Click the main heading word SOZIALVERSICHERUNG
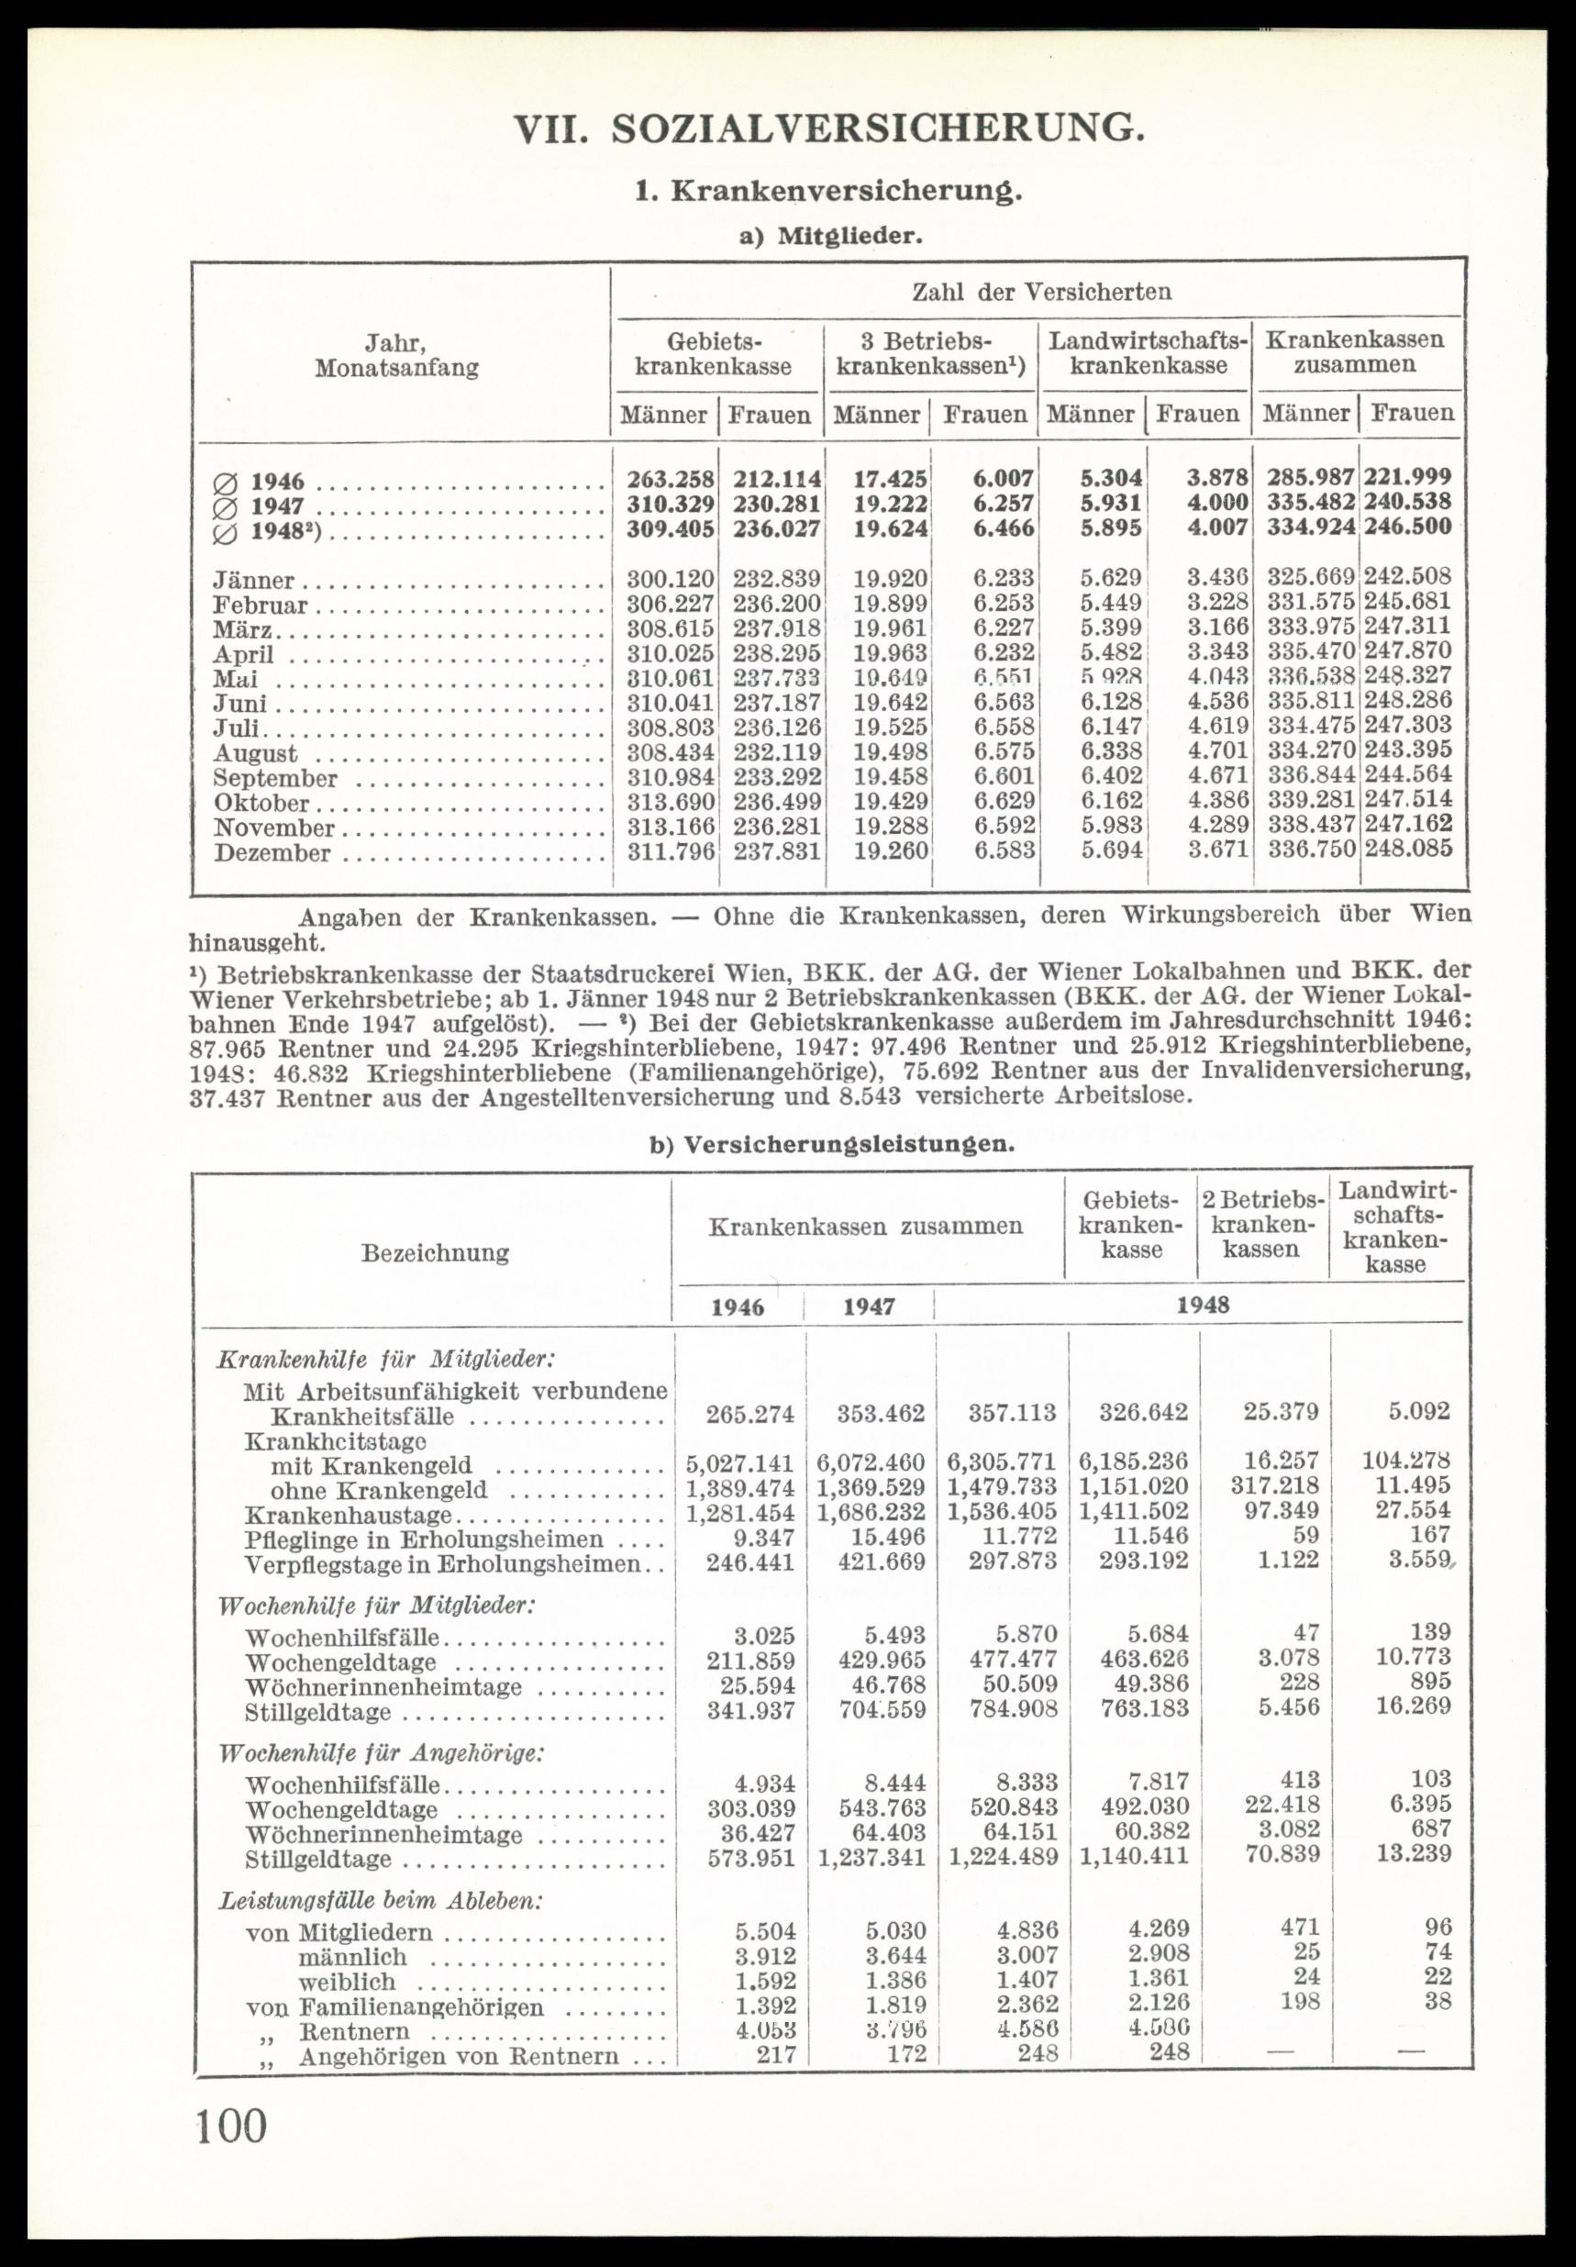coord(878,130)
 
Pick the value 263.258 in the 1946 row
coord(670,480)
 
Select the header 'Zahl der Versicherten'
coord(1041,293)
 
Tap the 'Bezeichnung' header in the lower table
coord(436,1253)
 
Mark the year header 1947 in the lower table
coord(869,1307)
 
